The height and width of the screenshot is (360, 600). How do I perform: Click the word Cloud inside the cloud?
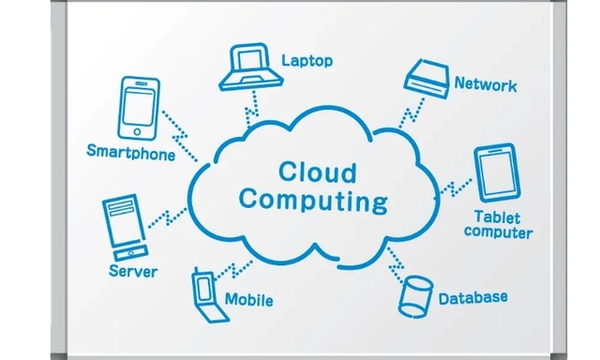pos(317,172)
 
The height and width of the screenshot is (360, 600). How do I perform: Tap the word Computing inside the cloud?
pos(313,201)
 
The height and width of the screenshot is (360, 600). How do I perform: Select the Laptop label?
pos(307,61)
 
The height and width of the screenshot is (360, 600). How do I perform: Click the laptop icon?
pos(250,67)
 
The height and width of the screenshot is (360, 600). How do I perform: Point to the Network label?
pos(486,84)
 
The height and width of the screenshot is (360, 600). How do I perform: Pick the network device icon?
pos(427,79)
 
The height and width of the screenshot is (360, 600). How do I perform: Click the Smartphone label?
pos(131,152)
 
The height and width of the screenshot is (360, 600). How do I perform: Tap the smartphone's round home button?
pos(137,132)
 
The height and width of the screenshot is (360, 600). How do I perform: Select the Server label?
pos(133,271)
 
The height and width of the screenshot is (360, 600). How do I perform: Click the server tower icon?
pos(125,227)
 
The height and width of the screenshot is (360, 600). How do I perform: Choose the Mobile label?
pos(248,300)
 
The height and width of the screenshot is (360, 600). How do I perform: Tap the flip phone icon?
pos(208,295)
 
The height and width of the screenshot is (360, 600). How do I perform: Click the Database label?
pos(472,298)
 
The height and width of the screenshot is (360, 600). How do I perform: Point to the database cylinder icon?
pos(415,296)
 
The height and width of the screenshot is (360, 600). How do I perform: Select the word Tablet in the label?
pos(497,217)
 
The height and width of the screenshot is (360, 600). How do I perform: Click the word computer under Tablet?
pos(498,232)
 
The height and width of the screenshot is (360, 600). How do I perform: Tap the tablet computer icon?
pos(497,172)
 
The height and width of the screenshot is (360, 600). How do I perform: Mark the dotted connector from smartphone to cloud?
pos(180,136)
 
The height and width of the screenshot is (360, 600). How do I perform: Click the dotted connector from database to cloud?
pos(396,264)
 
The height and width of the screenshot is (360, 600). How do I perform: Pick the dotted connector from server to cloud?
pos(167,218)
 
